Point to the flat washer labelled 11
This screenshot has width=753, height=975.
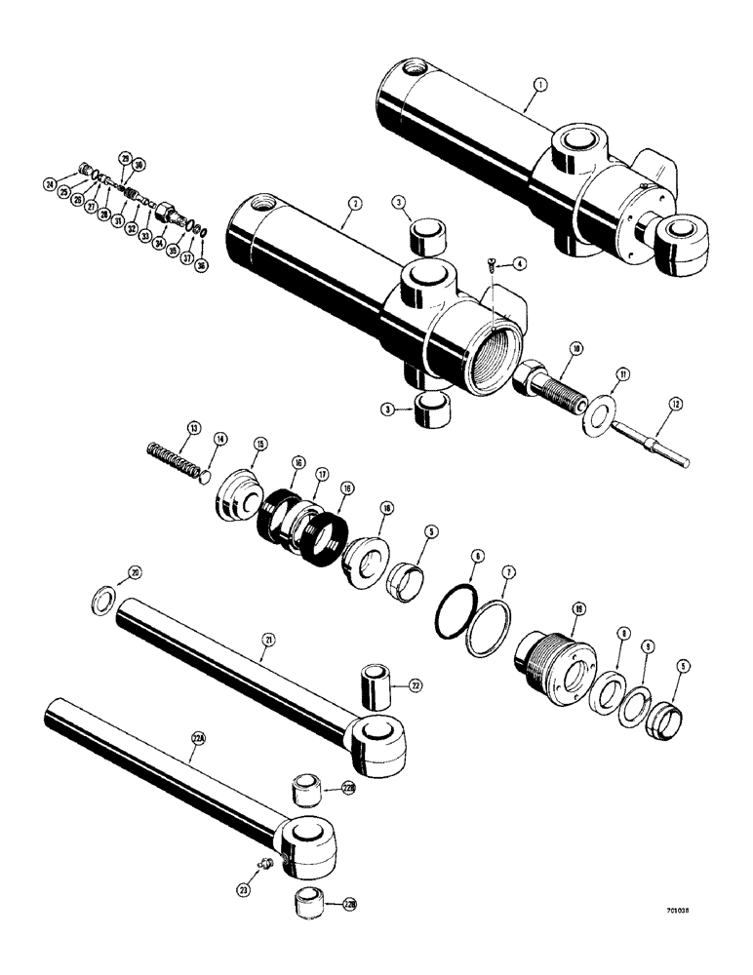point(597,403)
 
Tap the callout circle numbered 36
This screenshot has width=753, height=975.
point(201,264)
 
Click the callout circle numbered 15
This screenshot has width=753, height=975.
point(259,445)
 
